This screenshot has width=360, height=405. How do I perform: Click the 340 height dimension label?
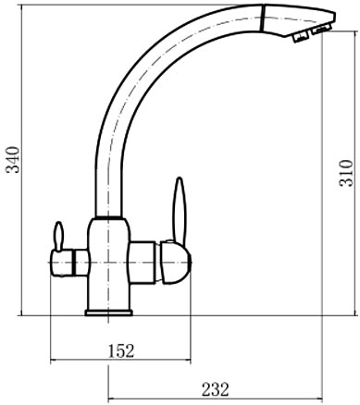[x=14, y=160]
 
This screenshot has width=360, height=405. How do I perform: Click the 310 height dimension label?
[x=346, y=173]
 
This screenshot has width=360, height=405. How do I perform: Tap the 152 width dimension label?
[x=121, y=350]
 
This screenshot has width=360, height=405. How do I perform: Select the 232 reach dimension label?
[x=216, y=389]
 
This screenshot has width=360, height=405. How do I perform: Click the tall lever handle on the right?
[x=180, y=210]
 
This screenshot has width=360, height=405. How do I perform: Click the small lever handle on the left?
[x=58, y=236]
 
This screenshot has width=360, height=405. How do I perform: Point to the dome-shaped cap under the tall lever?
[x=175, y=262]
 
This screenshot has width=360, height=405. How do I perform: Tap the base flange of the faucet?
[x=108, y=313]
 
